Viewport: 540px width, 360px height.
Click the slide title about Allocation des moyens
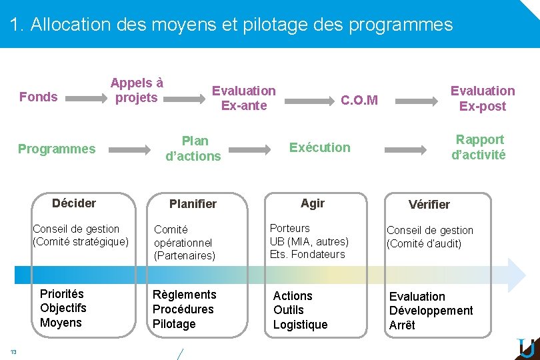tap(231, 25)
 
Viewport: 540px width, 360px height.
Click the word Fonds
tap(39, 97)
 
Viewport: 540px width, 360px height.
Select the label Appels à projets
tap(137, 91)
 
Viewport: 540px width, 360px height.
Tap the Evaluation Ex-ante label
tap(243, 98)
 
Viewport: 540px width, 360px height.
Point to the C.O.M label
tap(359, 101)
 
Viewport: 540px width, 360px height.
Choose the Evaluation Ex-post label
tap(483, 98)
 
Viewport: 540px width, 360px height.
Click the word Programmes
tap(57, 149)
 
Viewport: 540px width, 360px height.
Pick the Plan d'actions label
tap(193, 149)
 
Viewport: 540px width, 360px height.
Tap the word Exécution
tap(319, 147)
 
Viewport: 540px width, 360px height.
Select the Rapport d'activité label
tap(479, 147)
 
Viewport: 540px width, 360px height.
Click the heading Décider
tap(74, 203)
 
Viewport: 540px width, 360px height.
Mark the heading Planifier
tap(193, 204)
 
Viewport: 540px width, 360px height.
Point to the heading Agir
tap(313, 203)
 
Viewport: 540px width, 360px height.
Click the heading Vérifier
tap(429, 205)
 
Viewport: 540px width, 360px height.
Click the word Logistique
tap(300, 325)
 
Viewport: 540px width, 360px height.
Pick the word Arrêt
tap(402, 325)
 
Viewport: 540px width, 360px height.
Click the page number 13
tap(13, 351)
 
